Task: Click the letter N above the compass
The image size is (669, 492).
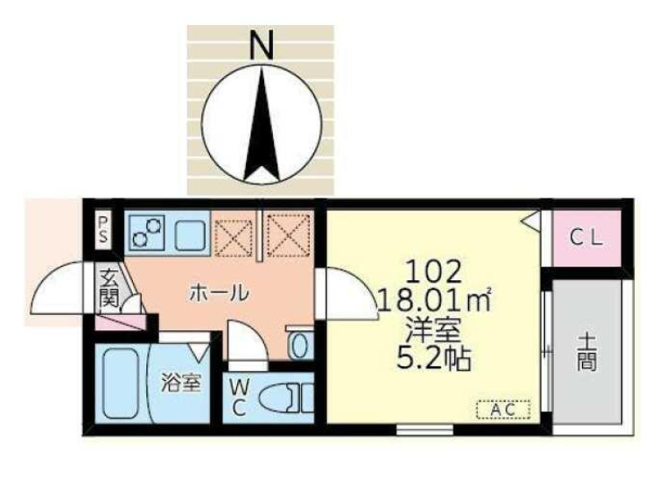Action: [260, 44]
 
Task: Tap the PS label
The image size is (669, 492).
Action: [104, 230]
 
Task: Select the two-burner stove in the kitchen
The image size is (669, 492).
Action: [146, 233]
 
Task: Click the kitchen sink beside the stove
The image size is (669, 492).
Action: [191, 235]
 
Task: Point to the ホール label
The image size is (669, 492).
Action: [218, 293]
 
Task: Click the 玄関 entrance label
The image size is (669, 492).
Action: [110, 287]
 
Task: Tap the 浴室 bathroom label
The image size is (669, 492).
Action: [180, 383]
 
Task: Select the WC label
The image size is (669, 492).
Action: [239, 395]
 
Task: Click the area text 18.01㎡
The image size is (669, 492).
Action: [435, 299]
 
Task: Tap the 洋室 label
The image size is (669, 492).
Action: [434, 329]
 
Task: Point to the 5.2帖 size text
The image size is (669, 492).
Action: [435, 359]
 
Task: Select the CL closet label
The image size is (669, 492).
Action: [588, 239]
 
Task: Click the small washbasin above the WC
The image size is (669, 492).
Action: [301, 342]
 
